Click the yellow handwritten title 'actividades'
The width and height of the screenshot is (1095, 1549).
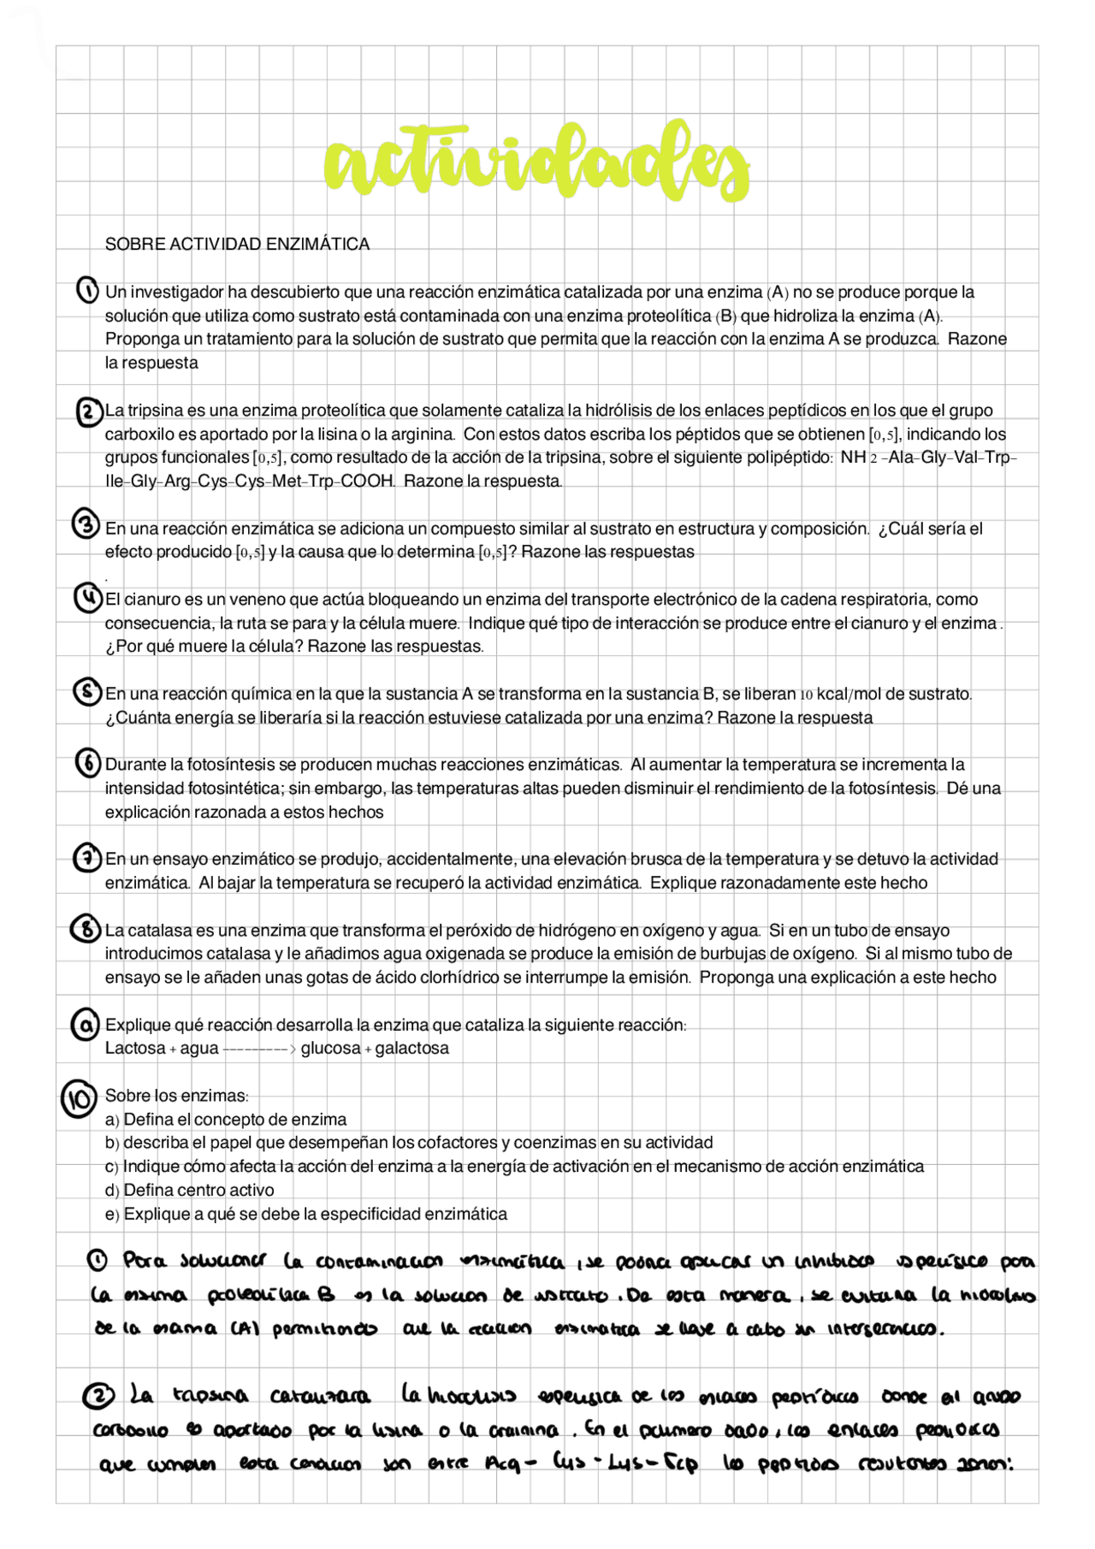tap(536, 163)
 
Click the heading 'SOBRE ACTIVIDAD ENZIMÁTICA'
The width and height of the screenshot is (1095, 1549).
tap(237, 244)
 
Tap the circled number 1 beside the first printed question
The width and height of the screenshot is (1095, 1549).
tap(87, 291)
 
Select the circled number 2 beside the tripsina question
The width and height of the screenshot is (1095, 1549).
tap(88, 411)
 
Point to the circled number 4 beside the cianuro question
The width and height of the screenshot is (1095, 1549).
tap(87, 598)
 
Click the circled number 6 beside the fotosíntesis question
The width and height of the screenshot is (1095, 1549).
tap(87, 762)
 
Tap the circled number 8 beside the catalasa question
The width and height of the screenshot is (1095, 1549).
tap(86, 928)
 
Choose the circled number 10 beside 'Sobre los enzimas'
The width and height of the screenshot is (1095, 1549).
tap(79, 1100)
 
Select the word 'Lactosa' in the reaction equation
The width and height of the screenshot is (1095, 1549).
tap(135, 1048)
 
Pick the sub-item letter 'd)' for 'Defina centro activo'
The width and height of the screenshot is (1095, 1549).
tap(112, 1190)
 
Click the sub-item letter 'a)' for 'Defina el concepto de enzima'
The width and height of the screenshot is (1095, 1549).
tap(112, 1120)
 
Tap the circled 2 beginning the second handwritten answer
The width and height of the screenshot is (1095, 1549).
tap(99, 1397)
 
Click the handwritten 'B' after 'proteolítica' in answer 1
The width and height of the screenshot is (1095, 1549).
tap(326, 1294)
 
